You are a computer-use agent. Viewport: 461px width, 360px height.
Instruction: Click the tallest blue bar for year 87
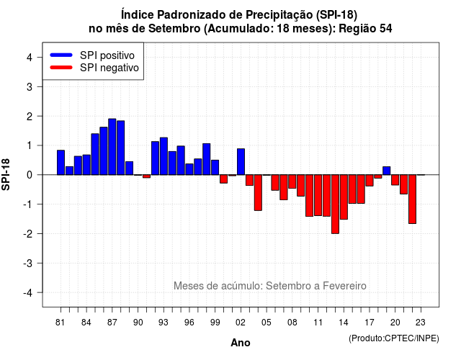pos(112,147)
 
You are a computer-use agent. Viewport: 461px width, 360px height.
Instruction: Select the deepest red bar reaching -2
pos(335,204)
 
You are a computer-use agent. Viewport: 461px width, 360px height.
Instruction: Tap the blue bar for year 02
pos(241,161)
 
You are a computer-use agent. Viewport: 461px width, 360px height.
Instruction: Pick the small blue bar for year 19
pos(387,171)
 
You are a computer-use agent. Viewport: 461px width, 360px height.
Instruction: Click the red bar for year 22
pos(412,199)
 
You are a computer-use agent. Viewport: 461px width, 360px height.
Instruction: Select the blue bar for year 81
pos(61,163)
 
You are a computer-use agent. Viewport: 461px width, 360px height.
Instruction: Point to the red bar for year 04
pos(258,192)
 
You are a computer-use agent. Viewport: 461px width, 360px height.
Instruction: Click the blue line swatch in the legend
pos(61,55)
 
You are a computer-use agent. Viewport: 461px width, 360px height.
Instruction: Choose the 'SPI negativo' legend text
pos(109,68)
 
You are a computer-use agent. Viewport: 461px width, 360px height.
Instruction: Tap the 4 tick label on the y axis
pos(30,58)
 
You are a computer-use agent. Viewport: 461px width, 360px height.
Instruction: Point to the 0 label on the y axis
pos(30,175)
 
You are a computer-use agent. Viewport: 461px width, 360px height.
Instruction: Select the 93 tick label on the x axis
pos(164,323)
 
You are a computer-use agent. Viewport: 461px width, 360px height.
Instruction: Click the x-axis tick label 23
pos(421,323)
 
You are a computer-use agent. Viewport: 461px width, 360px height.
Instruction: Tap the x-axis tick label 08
pos(292,323)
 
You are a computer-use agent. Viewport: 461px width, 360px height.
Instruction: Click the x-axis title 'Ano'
pos(241,343)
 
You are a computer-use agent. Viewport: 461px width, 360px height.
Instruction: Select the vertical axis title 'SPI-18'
pos(6,174)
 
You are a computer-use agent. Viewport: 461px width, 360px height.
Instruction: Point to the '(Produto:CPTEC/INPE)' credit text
pos(394,338)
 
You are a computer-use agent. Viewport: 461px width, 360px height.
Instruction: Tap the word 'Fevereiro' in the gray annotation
pos(344,286)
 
